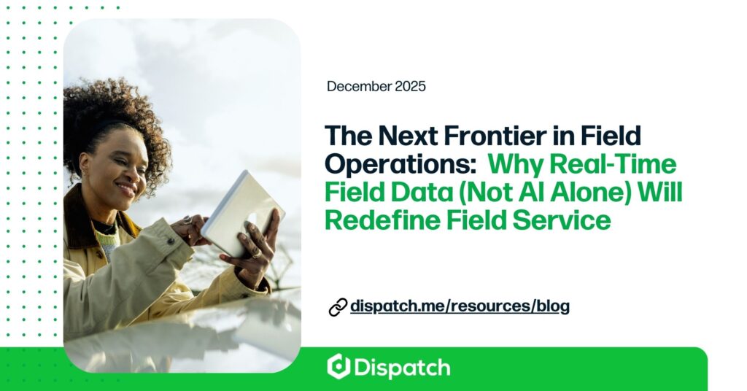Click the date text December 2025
tap(376, 87)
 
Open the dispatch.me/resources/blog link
tap(460, 306)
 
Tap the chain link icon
tap(338, 307)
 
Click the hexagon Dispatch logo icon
tap(338, 367)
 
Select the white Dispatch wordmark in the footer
tap(402, 368)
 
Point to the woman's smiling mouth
tap(127, 189)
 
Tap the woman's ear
tap(85, 163)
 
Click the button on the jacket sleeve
tap(171, 241)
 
